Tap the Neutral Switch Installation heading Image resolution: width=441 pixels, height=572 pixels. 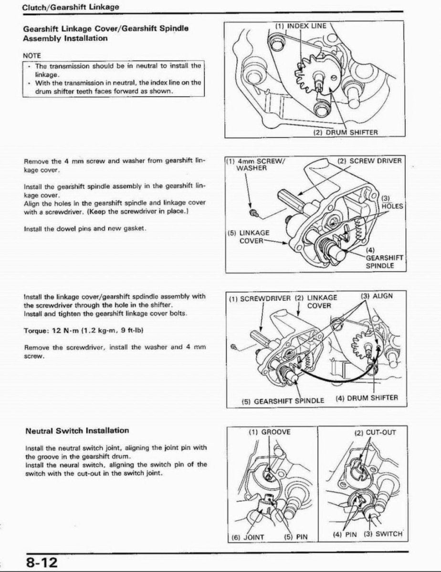(77, 430)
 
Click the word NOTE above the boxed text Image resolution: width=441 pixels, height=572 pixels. (32, 56)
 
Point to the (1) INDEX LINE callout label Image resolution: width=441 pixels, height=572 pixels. (301, 26)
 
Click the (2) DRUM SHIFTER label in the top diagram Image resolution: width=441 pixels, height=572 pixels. (345, 133)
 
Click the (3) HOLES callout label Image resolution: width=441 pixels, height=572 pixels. (392, 203)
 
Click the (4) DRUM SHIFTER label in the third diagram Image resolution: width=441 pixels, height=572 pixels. (366, 398)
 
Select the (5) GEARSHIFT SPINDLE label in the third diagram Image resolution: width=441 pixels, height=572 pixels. (283, 400)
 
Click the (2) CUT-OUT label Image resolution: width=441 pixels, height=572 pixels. (375, 433)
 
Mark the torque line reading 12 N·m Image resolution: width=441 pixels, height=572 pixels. (84, 330)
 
